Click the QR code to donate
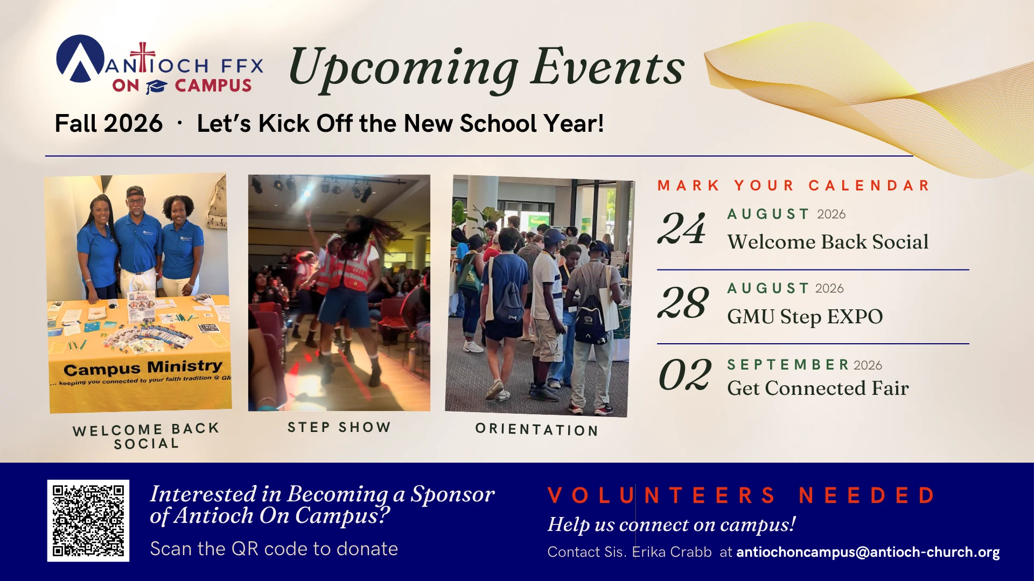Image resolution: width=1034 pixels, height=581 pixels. tap(88, 521)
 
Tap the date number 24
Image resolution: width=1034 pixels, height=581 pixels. tap(682, 228)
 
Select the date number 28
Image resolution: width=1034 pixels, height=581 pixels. tap(683, 302)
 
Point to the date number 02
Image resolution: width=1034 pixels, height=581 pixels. tap(684, 374)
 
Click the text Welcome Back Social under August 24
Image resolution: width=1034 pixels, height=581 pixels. tap(828, 242)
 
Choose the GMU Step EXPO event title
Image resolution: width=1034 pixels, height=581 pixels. tap(805, 316)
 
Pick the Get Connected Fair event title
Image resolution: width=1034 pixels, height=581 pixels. tap(818, 388)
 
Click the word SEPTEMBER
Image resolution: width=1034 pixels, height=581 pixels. tap(788, 365)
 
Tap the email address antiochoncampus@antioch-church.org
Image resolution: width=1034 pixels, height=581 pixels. tap(868, 552)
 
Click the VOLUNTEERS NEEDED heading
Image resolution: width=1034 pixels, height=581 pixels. tap(742, 495)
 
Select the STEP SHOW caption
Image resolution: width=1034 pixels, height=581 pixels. tap(339, 427)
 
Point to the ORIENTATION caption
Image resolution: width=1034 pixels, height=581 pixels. tap(537, 429)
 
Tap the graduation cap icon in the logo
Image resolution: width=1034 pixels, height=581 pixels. tap(157, 86)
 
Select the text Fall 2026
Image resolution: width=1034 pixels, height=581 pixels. tap(109, 123)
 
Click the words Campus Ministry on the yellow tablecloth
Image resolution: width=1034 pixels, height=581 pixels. tap(143, 368)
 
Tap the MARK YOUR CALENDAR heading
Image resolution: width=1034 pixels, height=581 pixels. tap(793, 186)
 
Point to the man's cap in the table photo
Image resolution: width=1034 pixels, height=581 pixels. tap(135, 192)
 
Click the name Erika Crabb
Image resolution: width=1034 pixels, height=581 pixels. tap(672, 552)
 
